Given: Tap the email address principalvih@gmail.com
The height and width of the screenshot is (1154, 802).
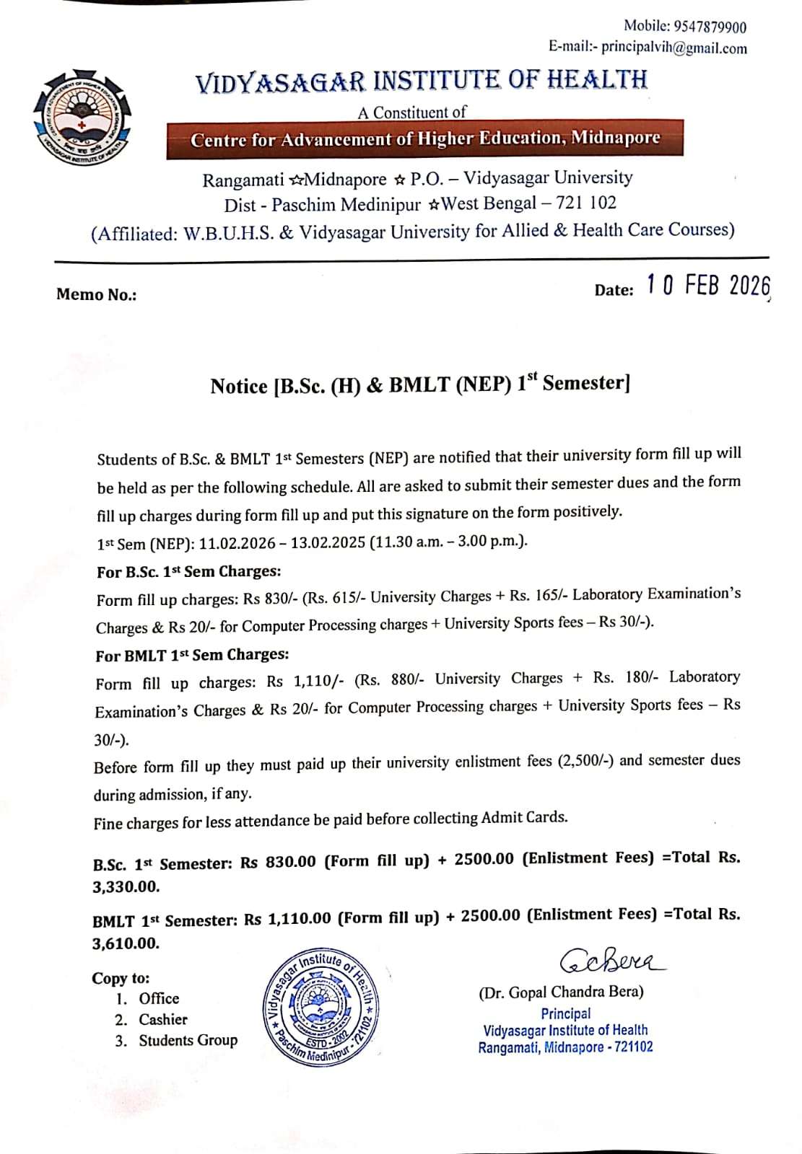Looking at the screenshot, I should coord(674,48).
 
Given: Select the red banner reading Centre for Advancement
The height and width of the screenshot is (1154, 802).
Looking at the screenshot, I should coord(424,138).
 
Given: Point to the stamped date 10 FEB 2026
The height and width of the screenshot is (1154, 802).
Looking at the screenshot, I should coord(708,286).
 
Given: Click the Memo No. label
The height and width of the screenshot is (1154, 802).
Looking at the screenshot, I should coord(96,294).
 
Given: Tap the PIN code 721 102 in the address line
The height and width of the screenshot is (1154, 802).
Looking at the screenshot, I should coord(586,203).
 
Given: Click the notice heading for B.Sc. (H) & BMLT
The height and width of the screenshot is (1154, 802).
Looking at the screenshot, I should coord(420,384).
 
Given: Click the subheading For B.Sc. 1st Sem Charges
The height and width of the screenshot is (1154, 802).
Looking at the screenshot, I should coord(188,571).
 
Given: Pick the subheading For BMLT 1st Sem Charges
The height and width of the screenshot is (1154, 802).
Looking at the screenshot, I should coord(192,655).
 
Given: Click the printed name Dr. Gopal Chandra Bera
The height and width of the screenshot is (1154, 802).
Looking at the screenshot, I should coord(561,992).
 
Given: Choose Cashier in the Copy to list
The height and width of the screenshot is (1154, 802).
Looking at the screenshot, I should coord(162,1019).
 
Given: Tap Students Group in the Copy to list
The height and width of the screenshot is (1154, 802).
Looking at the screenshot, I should coord(188,1040).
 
